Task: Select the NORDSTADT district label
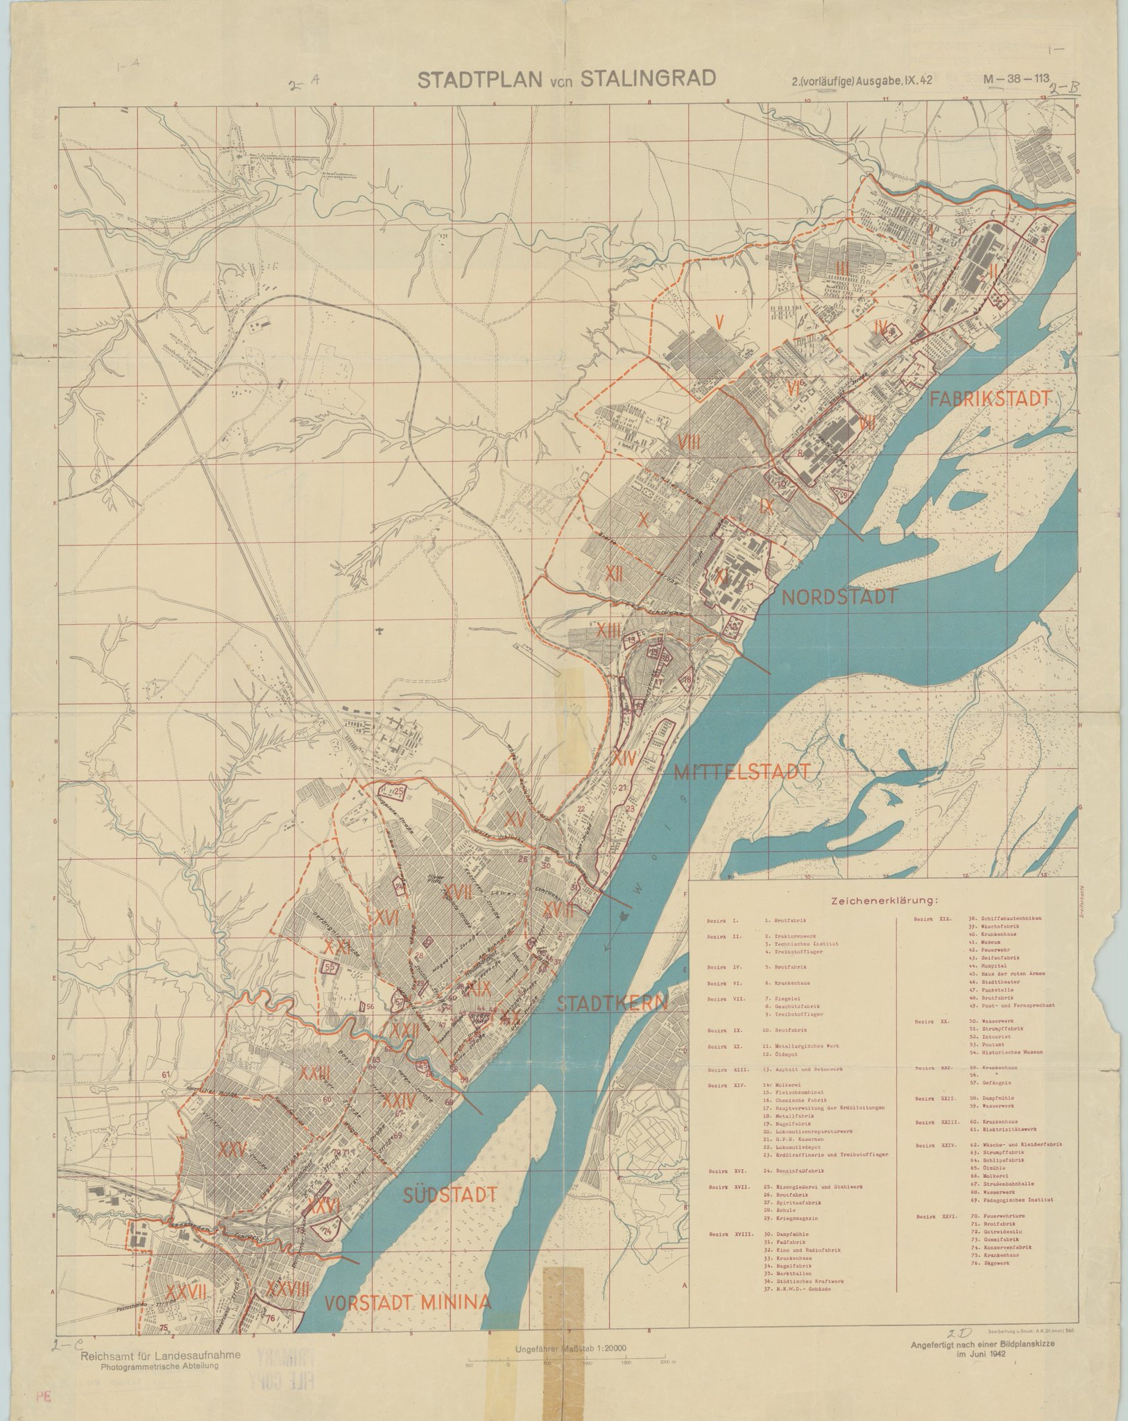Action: click(840, 596)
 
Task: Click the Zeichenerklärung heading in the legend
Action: click(880, 901)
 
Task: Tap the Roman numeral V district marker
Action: click(720, 321)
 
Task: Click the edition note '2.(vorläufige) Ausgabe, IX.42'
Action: click(862, 80)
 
